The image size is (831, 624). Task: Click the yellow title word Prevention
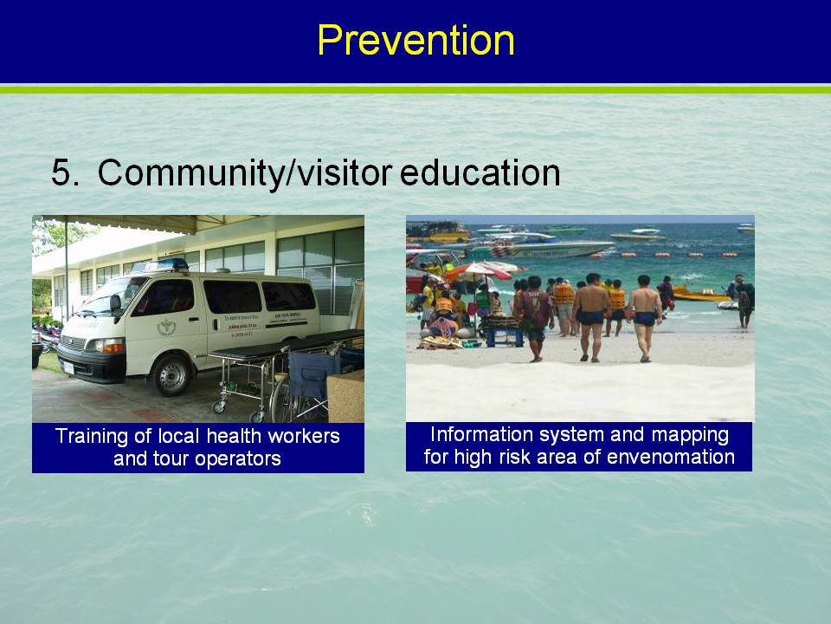point(416,41)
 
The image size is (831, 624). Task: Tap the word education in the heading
point(480,172)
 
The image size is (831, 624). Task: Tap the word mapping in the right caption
point(690,436)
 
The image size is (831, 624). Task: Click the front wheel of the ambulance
point(171,375)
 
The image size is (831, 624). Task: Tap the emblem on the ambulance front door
point(166,328)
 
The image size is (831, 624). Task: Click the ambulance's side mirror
point(114,304)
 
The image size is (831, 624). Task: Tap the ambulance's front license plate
point(68,367)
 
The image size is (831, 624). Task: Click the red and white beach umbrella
point(478,271)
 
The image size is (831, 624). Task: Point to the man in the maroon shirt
point(535,318)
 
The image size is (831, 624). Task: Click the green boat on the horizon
point(566,229)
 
